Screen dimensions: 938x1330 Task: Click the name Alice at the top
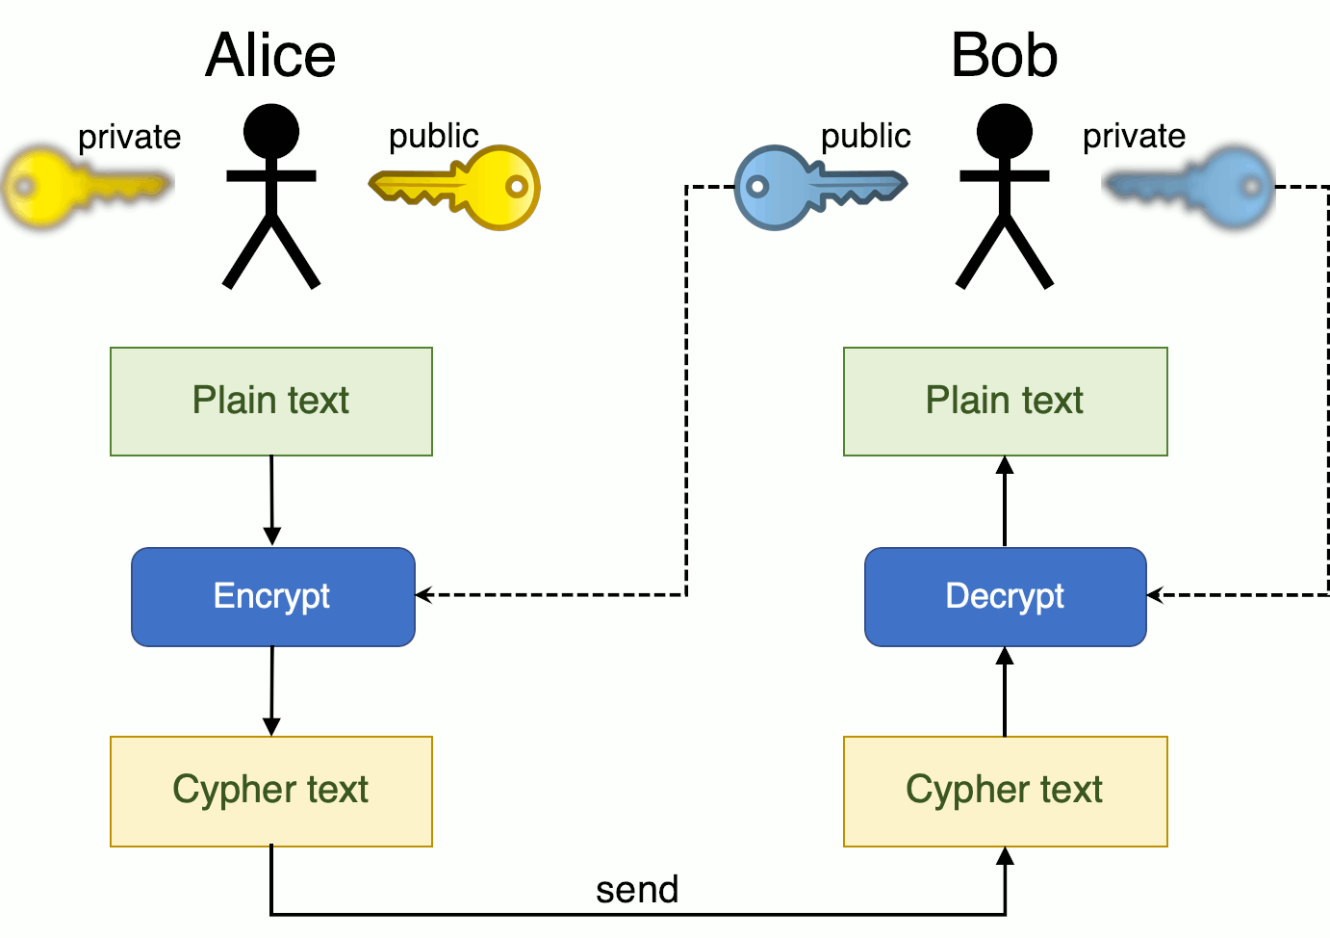270,55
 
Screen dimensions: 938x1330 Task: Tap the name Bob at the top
1004,55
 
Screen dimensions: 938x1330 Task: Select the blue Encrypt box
272,596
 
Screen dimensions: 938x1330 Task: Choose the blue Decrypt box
1005,596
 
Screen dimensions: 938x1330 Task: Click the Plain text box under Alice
271,401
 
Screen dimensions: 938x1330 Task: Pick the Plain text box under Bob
1005,401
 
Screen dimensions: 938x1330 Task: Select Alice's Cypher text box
271,791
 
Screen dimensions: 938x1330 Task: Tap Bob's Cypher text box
1005,791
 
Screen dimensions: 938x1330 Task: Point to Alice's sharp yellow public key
458,188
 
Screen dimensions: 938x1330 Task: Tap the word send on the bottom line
637,889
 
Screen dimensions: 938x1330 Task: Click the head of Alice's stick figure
271,131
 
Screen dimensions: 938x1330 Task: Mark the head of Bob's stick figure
1005,131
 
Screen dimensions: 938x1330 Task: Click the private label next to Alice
129,137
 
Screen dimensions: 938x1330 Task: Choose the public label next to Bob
865,136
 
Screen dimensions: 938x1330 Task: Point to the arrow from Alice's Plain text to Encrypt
271,501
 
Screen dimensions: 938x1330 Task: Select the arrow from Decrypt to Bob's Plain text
1005,501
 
